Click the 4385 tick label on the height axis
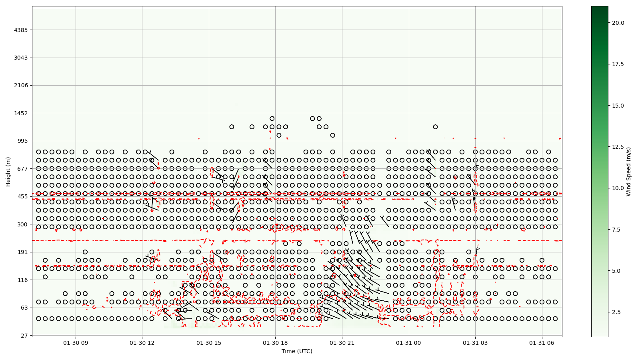[20, 30]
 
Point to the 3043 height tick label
[20, 58]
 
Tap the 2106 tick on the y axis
[20, 85]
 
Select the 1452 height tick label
[20, 113]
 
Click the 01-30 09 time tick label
[76, 343]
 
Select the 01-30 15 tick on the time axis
[209, 343]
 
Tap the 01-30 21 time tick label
[342, 343]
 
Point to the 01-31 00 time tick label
[409, 343]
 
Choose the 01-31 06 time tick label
[542, 343]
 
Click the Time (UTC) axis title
[297, 351]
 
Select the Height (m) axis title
[8, 172]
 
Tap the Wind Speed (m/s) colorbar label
[628, 172]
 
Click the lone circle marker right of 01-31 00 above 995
[435, 127]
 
